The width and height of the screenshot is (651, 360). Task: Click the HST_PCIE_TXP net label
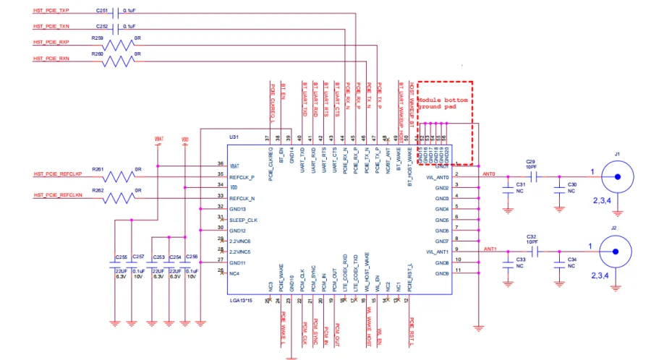coord(51,12)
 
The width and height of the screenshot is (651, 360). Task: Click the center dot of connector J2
coord(616,252)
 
